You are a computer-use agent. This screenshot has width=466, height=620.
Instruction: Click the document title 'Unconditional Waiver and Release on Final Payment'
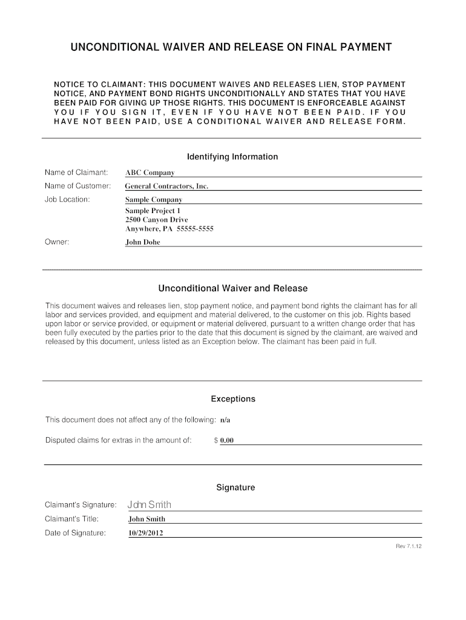pyautogui.click(x=232, y=47)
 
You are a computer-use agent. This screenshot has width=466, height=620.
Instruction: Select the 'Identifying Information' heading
pyautogui.click(x=232, y=157)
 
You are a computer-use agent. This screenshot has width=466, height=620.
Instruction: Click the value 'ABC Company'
pyautogui.click(x=149, y=173)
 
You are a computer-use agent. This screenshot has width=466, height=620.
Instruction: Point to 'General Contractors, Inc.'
pyautogui.click(x=166, y=186)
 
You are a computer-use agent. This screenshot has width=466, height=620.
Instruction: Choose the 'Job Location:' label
pyautogui.click(x=67, y=199)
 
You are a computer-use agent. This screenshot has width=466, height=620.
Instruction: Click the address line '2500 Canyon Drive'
pyautogui.click(x=156, y=219)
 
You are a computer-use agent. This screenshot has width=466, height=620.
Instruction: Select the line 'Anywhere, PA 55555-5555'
pyautogui.click(x=169, y=229)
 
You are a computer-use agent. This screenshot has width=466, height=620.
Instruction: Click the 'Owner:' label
pyautogui.click(x=57, y=242)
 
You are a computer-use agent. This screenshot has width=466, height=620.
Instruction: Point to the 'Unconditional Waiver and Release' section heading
pyautogui.click(x=232, y=288)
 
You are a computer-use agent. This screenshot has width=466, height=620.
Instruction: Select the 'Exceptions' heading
pyautogui.click(x=232, y=399)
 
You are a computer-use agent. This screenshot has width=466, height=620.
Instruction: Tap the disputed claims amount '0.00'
pyautogui.click(x=226, y=441)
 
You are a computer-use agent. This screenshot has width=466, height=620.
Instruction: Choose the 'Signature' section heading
pyautogui.click(x=235, y=487)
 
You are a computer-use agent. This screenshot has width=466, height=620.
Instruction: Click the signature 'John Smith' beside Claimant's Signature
pyautogui.click(x=149, y=505)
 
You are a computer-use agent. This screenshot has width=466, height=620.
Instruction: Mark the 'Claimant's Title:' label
pyautogui.click(x=71, y=519)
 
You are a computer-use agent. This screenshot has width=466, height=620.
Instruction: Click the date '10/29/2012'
pyautogui.click(x=146, y=533)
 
